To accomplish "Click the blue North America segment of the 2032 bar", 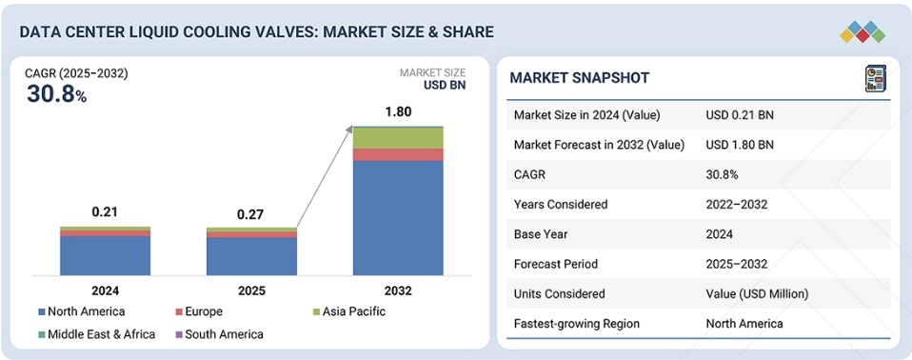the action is tap(398, 218).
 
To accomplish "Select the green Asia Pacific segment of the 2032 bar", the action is tap(398, 138).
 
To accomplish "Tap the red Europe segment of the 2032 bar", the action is tap(398, 154).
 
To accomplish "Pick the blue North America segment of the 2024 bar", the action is tap(106, 256).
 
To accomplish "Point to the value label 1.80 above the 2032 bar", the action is tap(399, 111).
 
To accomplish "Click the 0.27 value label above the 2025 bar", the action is tap(251, 214).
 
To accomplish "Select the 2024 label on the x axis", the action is tap(106, 290).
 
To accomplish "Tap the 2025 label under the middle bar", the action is tap(252, 290).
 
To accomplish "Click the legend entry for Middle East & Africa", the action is tap(96, 334).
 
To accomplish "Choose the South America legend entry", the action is tap(219, 334).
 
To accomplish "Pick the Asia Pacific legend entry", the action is tap(349, 311).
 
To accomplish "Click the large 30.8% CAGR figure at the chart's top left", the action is tap(56, 94).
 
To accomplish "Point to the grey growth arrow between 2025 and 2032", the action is tap(325, 176).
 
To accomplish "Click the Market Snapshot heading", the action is tap(580, 78).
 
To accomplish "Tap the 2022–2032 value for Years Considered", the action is tap(736, 204).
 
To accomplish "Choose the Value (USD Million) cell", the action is tap(757, 293).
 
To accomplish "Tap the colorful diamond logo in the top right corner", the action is tap(862, 31).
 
